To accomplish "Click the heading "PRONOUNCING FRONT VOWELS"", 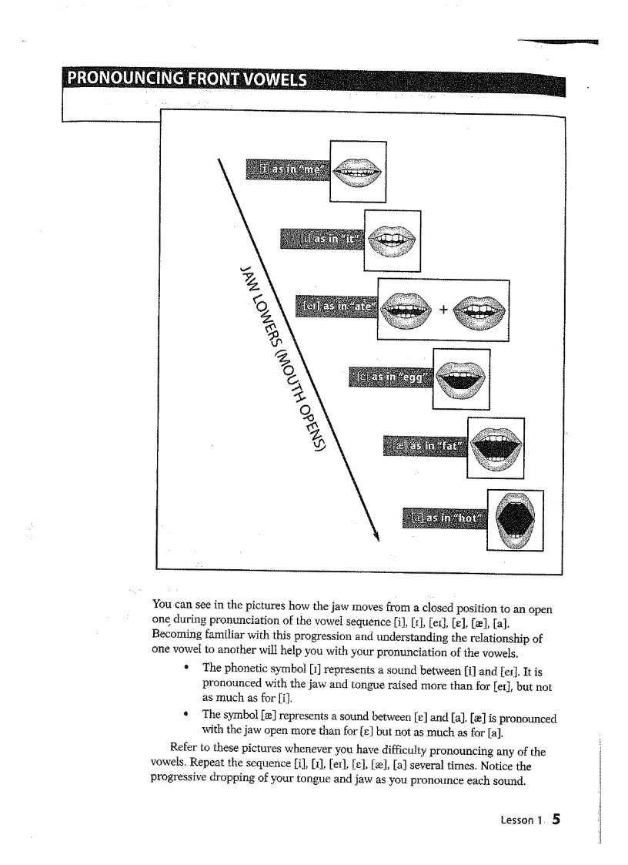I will tap(187, 80).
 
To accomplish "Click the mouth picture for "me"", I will tap(358, 172).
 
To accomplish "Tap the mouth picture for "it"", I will tap(392, 240).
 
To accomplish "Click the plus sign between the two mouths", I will tap(443, 310).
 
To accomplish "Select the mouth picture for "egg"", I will tap(461, 378).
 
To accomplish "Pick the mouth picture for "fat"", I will tap(496, 447).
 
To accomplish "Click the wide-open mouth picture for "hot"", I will tap(515, 520).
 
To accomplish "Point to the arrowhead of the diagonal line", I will tap(377, 536).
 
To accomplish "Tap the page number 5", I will tap(555, 819).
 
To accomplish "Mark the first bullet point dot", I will tap(187, 668).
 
